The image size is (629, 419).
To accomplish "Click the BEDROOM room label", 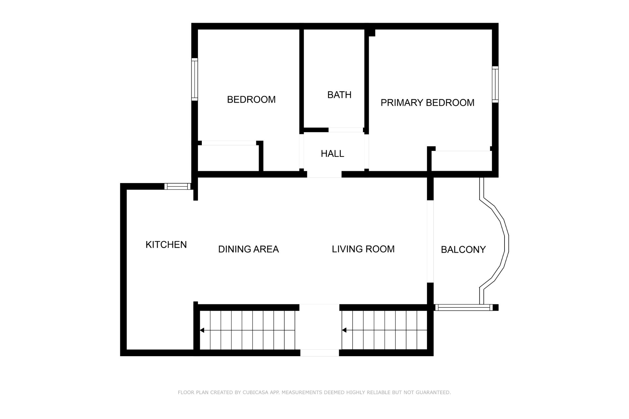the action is pos(251,100).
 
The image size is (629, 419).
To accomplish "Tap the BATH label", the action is pos(339,95).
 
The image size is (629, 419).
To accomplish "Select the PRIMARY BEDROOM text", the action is pos(428,103).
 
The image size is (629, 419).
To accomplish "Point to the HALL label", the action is pos(333,154).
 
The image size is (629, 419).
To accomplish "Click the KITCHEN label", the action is pos(166,245).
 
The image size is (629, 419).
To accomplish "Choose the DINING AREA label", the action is pos(248,249).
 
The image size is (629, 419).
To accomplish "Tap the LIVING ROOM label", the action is pos(363,249).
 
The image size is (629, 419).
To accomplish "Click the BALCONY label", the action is pos(463,250).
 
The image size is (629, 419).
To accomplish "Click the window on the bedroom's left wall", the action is pos(195,80).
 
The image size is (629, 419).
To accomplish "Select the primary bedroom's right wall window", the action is pos(495,84).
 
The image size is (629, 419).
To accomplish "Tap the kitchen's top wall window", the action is pos(177,187).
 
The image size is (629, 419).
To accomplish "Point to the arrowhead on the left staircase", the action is pos(202,330).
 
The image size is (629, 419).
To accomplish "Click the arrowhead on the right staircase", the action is pos(344,330).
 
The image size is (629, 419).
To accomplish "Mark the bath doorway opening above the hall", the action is pos(346,130).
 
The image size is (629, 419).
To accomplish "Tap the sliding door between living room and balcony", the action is pos(430,241).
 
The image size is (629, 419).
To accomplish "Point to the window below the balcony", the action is pos(464,307).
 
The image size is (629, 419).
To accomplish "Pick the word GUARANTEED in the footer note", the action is pos(433,392).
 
